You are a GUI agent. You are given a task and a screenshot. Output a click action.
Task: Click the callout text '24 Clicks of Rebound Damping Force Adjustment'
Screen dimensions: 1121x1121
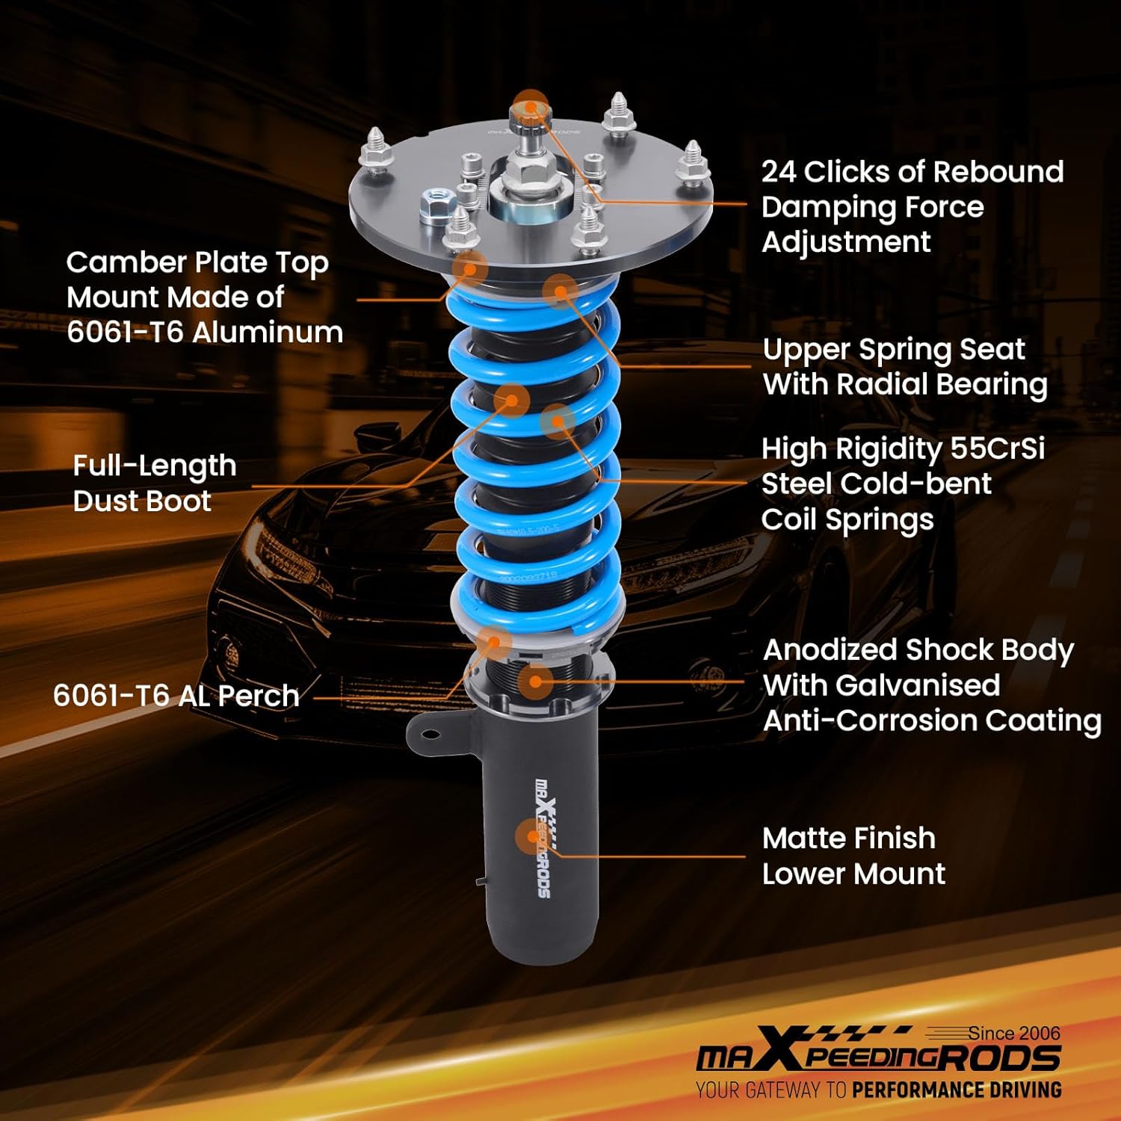[912, 207]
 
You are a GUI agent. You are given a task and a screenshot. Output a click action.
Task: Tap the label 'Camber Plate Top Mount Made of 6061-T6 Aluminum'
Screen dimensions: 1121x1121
[204, 297]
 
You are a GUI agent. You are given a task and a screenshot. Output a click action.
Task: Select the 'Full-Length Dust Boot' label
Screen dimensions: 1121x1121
[154, 483]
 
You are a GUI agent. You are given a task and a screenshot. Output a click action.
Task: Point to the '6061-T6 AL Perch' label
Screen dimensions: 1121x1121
[176, 696]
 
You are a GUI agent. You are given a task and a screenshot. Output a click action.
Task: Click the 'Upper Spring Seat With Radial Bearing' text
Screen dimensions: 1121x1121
[904, 367]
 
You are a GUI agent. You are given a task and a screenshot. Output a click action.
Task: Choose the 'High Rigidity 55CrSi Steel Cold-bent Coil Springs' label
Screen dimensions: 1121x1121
[902, 484]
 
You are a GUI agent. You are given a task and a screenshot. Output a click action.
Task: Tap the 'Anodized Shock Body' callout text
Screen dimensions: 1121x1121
[918, 650]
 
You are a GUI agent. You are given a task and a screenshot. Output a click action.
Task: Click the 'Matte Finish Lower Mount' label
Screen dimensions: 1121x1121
[853, 856]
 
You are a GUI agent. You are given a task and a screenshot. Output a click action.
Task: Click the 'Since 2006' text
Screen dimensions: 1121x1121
[1014, 1033]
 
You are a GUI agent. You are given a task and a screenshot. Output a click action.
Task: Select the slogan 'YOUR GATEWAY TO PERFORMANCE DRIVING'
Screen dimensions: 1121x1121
[878, 1090]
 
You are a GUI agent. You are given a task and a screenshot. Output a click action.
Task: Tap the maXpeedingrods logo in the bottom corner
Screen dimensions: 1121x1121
[878, 1055]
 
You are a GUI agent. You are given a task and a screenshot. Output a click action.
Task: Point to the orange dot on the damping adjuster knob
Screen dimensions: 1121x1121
[531, 107]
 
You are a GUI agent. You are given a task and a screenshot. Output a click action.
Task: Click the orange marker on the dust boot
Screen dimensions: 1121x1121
[512, 401]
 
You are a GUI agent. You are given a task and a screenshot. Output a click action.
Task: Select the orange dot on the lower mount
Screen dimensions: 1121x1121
[532, 836]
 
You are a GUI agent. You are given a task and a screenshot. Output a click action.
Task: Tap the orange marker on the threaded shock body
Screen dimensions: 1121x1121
[535, 680]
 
